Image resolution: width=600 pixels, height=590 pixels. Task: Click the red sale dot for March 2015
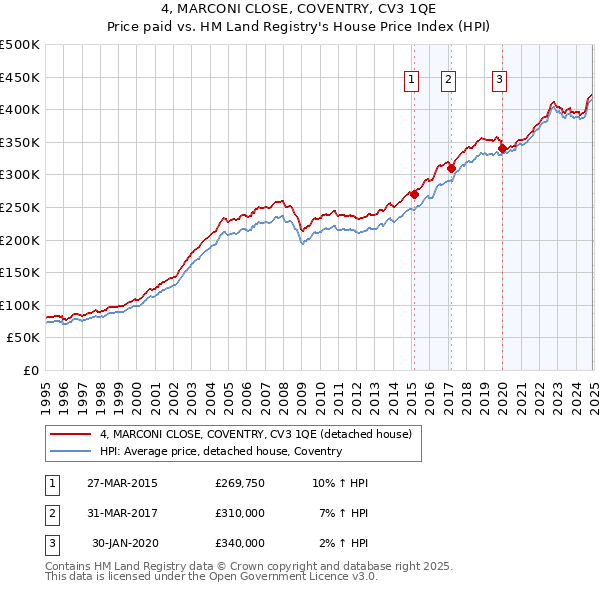(414, 195)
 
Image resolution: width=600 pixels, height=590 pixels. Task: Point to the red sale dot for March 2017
(451, 168)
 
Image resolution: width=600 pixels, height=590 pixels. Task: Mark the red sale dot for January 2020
(502, 149)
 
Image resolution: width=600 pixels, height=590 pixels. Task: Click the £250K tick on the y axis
(20, 207)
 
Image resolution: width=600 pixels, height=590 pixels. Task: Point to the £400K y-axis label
(20, 109)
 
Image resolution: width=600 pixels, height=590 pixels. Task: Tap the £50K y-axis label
(24, 338)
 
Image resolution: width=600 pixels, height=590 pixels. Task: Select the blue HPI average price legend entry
(221, 451)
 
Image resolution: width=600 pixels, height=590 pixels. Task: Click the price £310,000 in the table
(240, 514)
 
